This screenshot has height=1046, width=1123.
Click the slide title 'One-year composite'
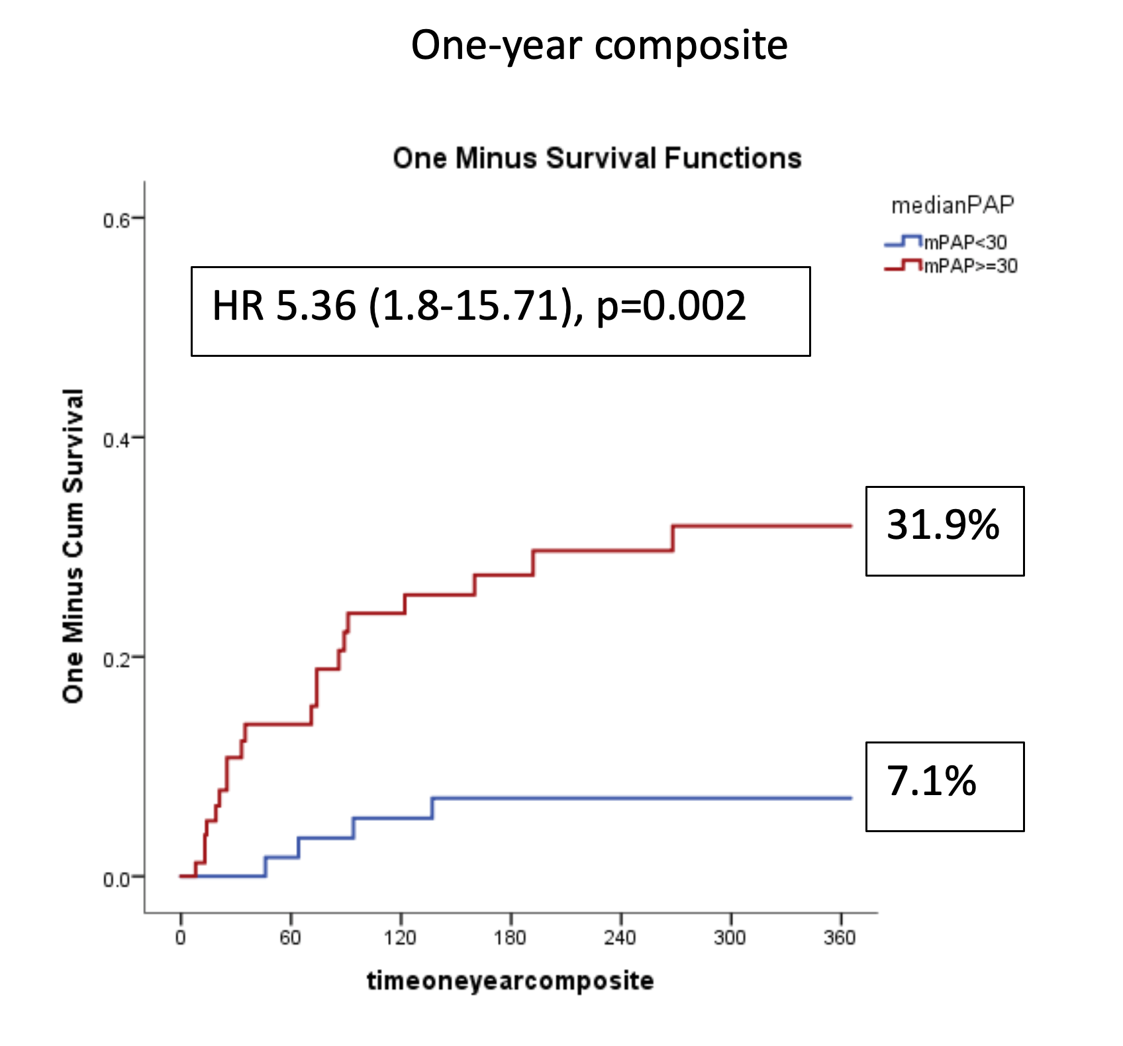coord(599,45)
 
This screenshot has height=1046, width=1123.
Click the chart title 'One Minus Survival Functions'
coord(597,159)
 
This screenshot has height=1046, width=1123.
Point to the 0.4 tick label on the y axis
coord(116,440)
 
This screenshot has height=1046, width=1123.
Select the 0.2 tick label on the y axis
coord(116,660)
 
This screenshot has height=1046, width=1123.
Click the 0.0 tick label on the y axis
coord(116,880)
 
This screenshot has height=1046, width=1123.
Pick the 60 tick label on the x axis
coord(290,937)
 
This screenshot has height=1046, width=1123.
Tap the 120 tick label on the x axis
coord(400,937)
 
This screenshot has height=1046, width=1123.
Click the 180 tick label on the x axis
coord(510,937)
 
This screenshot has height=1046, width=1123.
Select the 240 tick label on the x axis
coord(620,937)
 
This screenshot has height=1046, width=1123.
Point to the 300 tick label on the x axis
coord(730,937)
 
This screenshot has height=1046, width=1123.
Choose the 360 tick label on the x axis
coord(840,937)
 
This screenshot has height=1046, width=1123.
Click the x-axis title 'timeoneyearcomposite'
coord(511,980)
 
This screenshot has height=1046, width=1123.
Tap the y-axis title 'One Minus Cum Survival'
coord(73,546)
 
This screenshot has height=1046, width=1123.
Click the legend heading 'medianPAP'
coord(952,206)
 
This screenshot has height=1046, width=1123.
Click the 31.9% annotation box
coord(944,531)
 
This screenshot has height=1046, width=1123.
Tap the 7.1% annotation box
coord(944,786)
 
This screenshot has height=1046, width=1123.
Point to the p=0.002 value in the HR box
coord(671,307)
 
